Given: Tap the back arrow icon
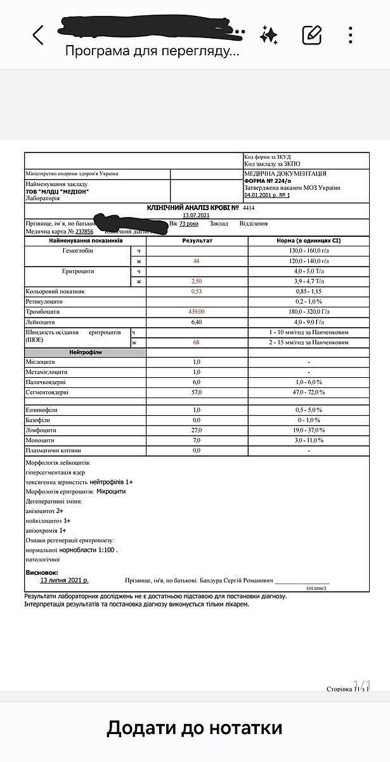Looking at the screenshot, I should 38,35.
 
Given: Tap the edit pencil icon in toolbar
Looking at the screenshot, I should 311,34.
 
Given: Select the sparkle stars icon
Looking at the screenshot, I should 269,34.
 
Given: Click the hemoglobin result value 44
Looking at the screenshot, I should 197,262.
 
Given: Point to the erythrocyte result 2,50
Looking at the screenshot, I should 197,281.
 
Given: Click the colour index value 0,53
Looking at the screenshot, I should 197,291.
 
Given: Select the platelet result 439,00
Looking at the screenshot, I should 197,312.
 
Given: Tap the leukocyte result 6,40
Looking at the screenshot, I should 197,322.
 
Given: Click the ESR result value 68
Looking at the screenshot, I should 197,343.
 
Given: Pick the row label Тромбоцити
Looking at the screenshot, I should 43,312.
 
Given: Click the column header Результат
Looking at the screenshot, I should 197,241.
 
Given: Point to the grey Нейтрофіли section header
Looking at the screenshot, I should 85,352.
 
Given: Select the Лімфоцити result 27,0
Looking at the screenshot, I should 197,430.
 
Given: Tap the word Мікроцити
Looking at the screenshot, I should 112,491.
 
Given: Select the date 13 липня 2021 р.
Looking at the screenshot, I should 65,580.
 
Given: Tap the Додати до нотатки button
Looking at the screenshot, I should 194,727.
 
